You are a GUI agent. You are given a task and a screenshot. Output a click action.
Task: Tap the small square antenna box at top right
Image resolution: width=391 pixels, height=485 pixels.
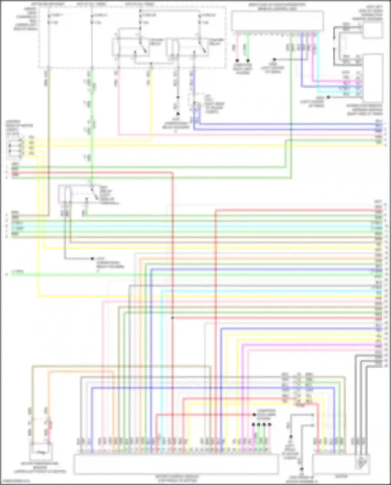(x=373, y=30)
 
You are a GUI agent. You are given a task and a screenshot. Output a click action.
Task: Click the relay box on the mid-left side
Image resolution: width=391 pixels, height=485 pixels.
(x=76, y=194)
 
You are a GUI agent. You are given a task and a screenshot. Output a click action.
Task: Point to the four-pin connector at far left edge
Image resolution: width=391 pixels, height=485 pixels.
(x=15, y=147)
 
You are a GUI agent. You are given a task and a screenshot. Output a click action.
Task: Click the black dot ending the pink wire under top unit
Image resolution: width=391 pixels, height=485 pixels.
(x=237, y=60)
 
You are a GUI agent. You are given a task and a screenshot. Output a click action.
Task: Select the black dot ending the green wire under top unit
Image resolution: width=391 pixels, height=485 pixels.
(x=248, y=60)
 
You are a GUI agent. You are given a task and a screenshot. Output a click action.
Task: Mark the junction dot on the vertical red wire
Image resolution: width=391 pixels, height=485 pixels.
(x=172, y=318)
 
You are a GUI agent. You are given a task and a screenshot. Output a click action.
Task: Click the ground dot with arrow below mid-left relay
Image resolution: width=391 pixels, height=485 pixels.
(x=92, y=259)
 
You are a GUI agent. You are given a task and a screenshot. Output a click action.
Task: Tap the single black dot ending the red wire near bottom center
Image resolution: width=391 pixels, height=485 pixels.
(x=254, y=414)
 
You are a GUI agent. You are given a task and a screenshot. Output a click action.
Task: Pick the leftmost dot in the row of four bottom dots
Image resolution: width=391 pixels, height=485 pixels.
(x=253, y=425)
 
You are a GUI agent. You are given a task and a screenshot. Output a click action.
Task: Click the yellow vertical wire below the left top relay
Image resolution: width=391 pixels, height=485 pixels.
(x=151, y=104)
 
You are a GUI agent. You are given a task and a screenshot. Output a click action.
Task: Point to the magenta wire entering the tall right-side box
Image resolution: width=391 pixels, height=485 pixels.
(x=339, y=81)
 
